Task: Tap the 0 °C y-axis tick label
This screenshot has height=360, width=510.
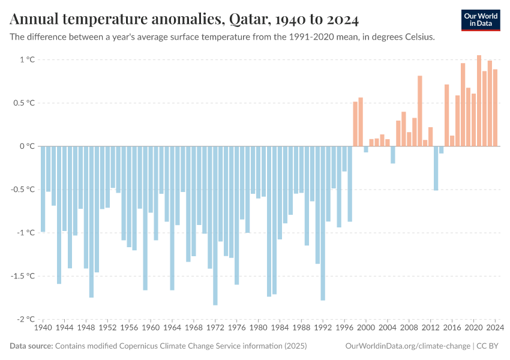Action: (28, 146)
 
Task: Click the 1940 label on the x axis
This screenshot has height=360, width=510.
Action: (43, 328)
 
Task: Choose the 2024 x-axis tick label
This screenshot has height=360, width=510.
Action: (495, 328)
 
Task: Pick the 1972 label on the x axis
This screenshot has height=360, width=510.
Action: (215, 328)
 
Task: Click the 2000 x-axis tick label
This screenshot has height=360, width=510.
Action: (366, 328)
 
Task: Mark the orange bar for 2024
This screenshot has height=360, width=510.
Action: (495, 107)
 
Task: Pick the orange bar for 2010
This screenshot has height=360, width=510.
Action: (420, 110)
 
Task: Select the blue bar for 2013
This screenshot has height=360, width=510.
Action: (436, 168)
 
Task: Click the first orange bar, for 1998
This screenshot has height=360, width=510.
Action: (355, 124)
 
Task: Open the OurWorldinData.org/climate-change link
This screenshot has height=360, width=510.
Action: (407, 346)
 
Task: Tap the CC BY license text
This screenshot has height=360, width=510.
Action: (489, 346)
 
